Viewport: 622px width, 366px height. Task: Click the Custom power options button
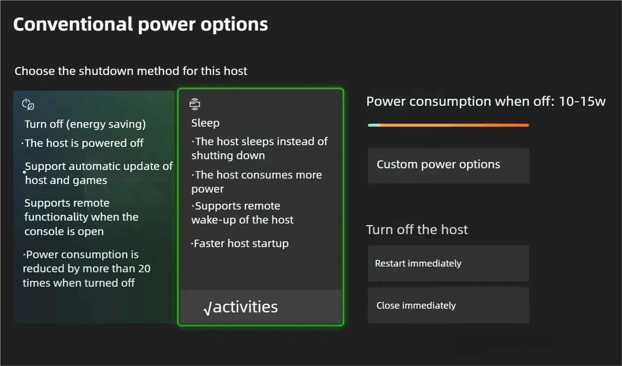pyautogui.click(x=448, y=166)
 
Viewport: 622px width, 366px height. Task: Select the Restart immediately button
pyautogui.click(x=448, y=264)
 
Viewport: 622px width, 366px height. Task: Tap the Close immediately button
pyautogui.click(x=448, y=305)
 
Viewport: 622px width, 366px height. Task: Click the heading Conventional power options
pyautogui.click(x=140, y=24)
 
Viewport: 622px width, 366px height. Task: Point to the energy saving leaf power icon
pyautogui.click(x=28, y=104)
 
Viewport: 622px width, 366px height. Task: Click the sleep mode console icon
pyautogui.click(x=195, y=104)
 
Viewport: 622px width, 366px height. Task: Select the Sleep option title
pyautogui.click(x=205, y=123)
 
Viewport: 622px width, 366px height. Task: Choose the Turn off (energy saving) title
pyautogui.click(x=85, y=124)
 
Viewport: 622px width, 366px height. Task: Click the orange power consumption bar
pyautogui.click(x=448, y=125)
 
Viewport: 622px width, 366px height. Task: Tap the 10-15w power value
pyautogui.click(x=582, y=101)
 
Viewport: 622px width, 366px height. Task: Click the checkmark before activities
pyautogui.click(x=207, y=308)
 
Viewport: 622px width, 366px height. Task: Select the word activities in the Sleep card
pyautogui.click(x=245, y=307)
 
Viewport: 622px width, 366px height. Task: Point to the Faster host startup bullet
pyautogui.click(x=240, y=244)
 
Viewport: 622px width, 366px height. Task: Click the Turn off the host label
pyautogui.click(x=417, y=230)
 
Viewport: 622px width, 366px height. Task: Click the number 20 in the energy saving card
pyautogui.click(x=144, y=268)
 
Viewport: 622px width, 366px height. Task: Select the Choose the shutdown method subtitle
pyautogui.click(x=131, y=71)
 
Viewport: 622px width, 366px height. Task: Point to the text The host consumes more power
pyautogui.click(x=257, y=182)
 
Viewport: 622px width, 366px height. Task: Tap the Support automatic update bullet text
pyautogui.click(x=99, y=173)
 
